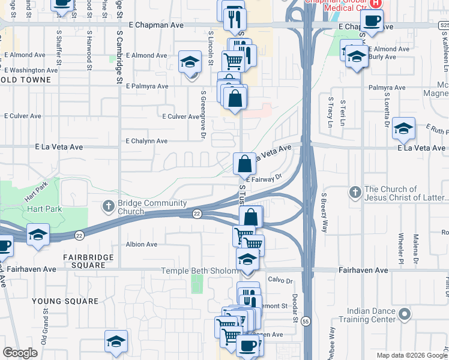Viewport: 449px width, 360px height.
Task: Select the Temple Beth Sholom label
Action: (x=199, y=271)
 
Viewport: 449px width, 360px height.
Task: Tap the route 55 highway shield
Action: (x=306, y=321)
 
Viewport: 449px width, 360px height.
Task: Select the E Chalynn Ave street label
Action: (x=146, y=141)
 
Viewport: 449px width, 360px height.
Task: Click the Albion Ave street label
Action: (x=142, y=244)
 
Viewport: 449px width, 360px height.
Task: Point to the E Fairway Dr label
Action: (x=264, y=178)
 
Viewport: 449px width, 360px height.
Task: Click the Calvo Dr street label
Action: (x=280, y=280)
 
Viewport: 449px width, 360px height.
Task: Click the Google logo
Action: (x=20, y=353)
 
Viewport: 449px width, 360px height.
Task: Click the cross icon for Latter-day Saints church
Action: (x=355, y=192)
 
